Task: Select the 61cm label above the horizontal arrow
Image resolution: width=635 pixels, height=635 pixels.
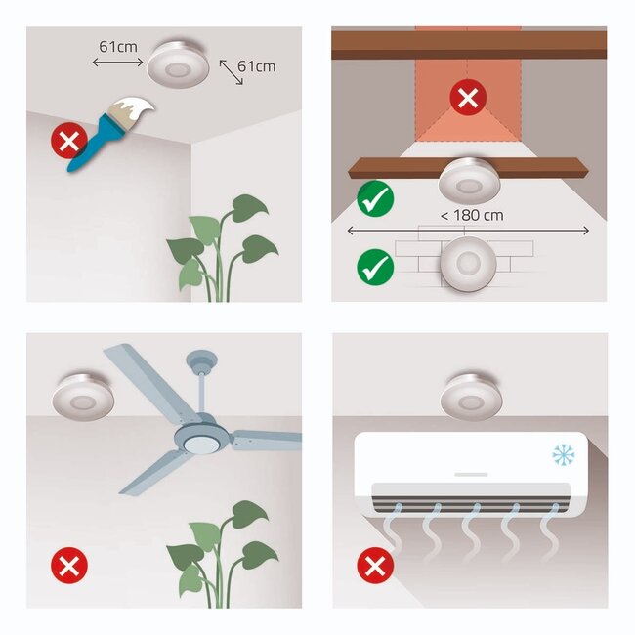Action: click(118, 45)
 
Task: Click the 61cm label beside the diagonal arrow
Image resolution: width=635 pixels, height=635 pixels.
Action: click(257, 66)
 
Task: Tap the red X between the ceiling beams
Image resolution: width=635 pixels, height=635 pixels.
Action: click(468, 99)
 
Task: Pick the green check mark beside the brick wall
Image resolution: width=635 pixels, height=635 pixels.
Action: click(375, 267)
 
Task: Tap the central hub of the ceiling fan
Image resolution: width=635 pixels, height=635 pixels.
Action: click(199, 440)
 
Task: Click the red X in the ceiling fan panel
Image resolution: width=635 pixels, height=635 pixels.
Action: click(69, 565)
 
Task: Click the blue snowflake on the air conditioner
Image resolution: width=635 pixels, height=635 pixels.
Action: click(564, 454)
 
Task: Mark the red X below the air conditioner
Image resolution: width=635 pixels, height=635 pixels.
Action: click(374, 565)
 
